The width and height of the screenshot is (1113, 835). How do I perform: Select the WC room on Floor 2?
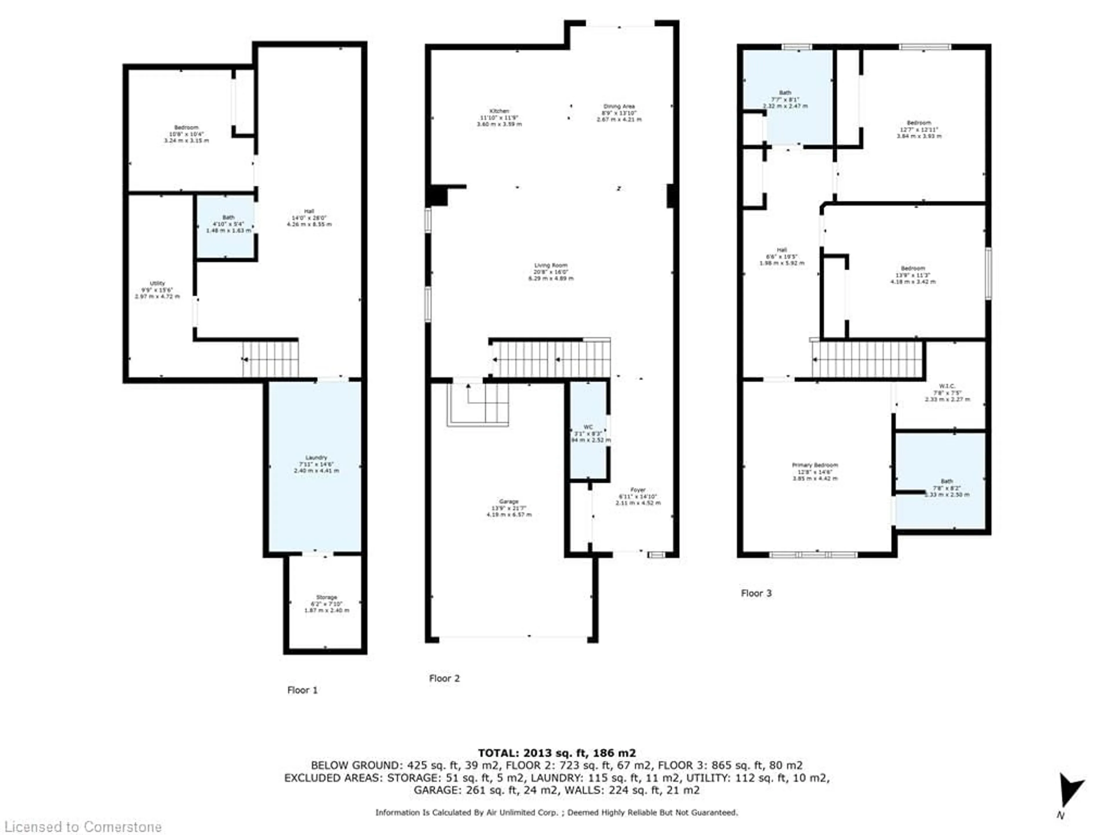[588, 433]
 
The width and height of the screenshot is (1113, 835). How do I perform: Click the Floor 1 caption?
[302, 690]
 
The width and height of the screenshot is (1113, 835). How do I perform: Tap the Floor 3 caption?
[756, 593]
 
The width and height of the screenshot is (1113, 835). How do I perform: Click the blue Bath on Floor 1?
[226, 226]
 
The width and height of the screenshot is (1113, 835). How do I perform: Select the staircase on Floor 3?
[867, 359]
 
